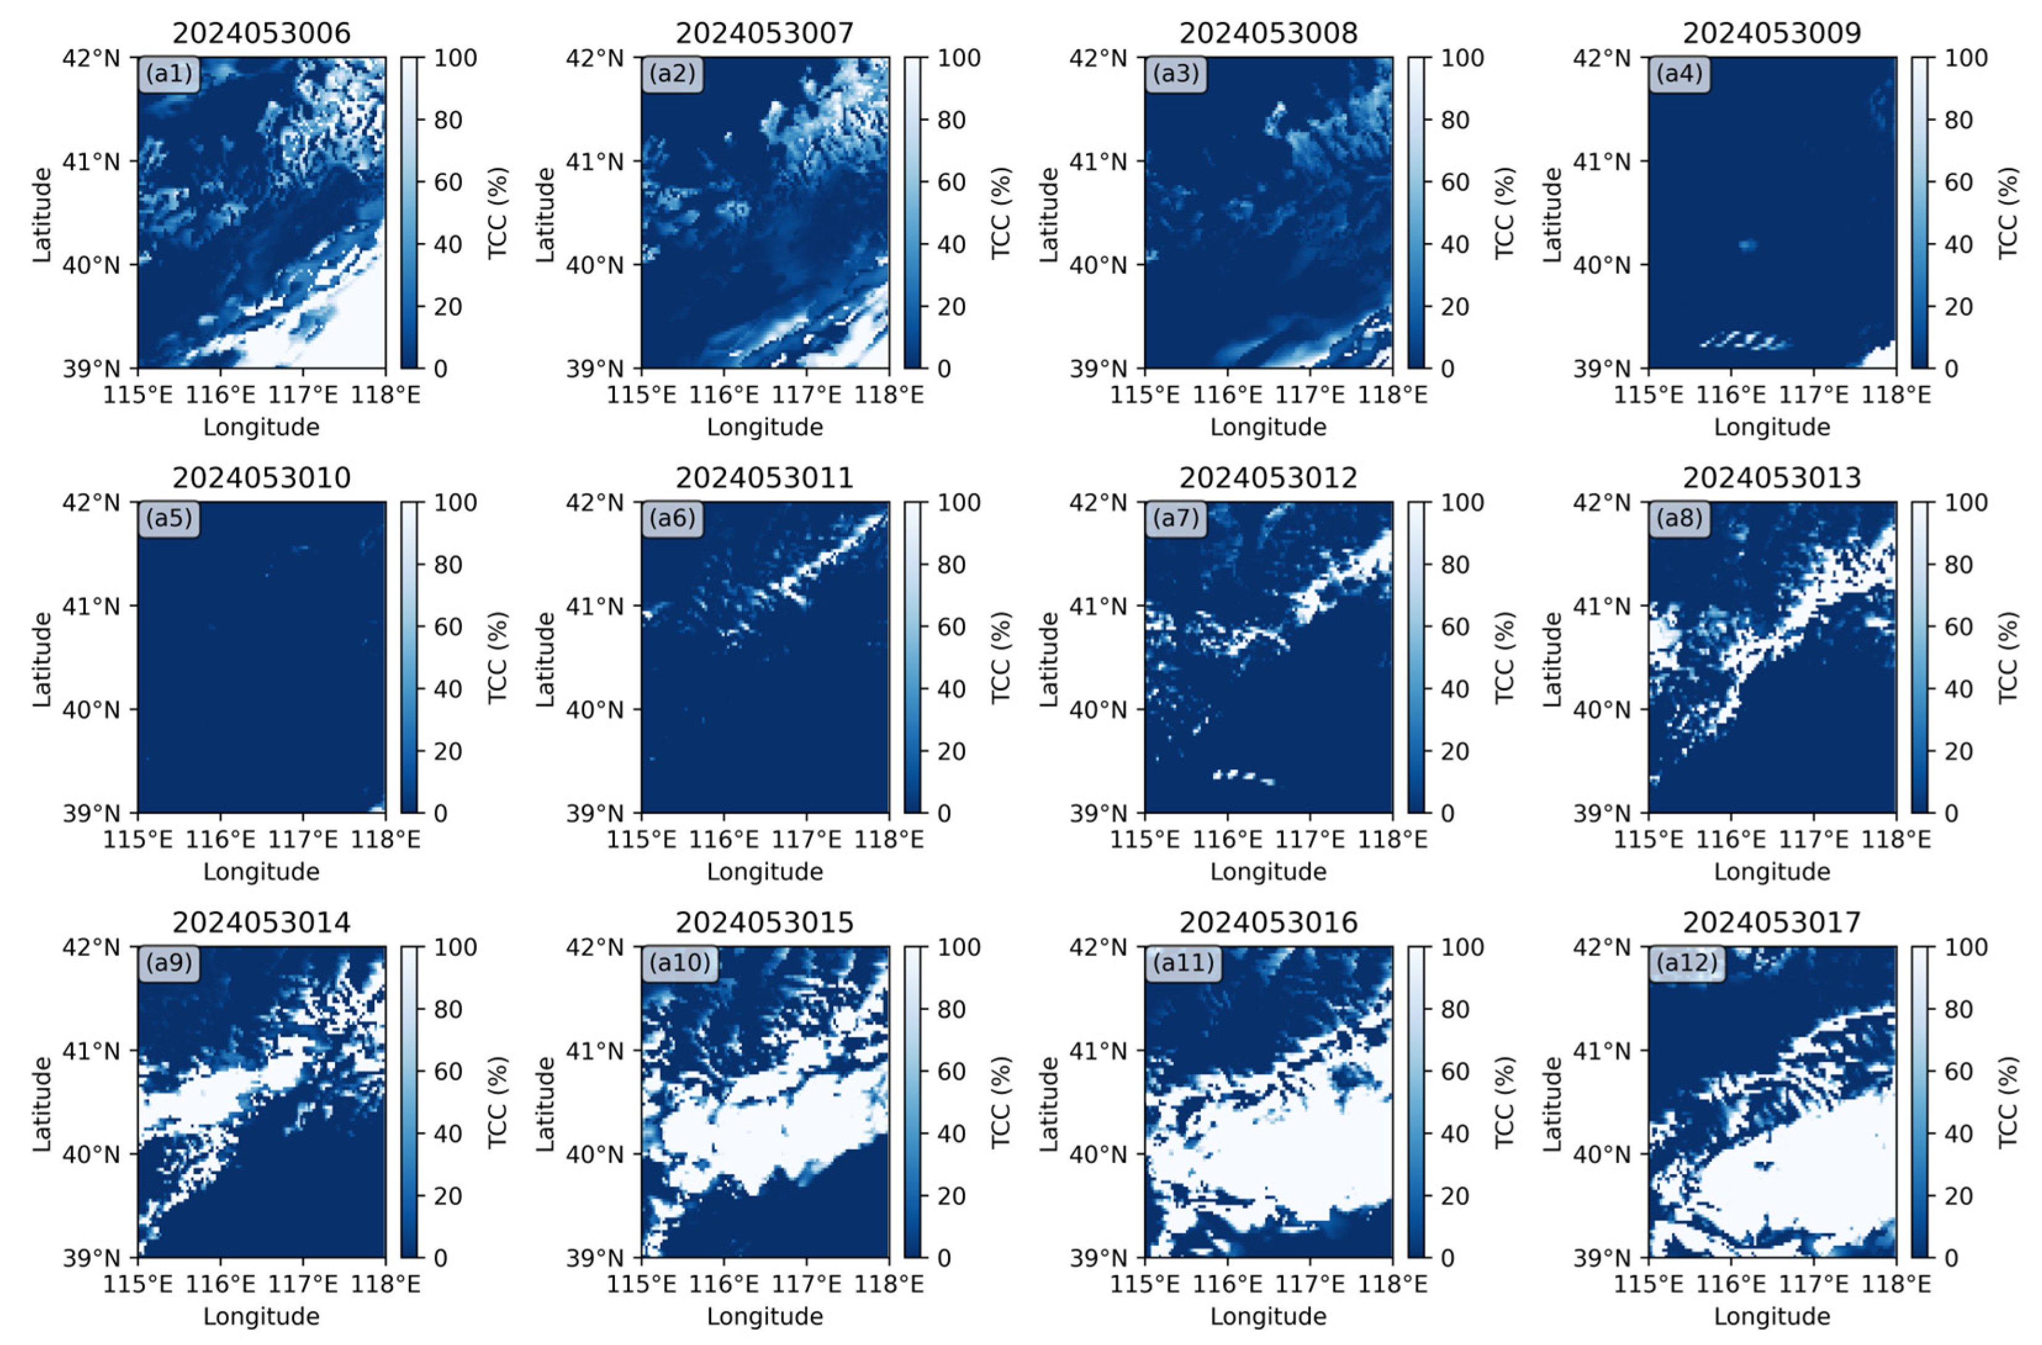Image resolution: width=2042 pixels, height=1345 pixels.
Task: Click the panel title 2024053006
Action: coord(261,33)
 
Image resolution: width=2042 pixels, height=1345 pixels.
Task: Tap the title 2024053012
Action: coord(1268,478)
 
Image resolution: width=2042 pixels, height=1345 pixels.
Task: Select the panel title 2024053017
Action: coord(1772,923)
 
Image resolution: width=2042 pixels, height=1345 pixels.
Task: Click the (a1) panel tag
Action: coord(169,74)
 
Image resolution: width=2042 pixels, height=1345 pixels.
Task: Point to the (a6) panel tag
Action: coord(673,518)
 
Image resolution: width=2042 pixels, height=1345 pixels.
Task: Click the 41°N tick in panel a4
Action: coord(1601,161)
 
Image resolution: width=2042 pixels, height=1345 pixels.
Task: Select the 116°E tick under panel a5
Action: coord(221,839)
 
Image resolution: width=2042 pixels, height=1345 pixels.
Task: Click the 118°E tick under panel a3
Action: coord(1393,395)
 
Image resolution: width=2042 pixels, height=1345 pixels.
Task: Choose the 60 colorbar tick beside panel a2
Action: coord(950,182)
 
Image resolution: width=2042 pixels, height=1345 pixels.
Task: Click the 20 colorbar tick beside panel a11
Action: coord(1454,1196)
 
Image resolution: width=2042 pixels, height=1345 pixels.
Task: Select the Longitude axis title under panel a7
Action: coord(1268,872)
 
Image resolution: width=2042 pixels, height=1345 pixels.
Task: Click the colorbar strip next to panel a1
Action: coord(411,213)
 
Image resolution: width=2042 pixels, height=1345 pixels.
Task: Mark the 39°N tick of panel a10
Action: coord(595,1258)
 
